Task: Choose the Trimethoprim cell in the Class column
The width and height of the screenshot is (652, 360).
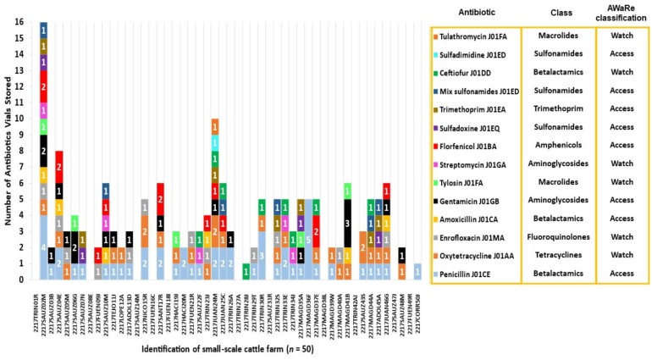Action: tap(557, 108)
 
